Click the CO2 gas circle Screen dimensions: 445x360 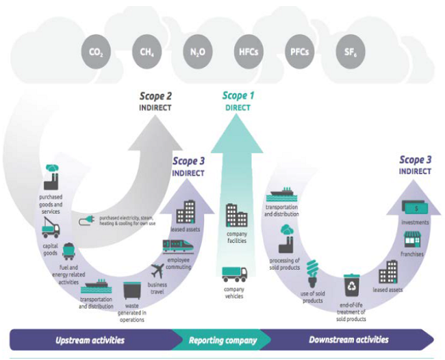coord(96,52)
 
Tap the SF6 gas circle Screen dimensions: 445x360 coord(351,52)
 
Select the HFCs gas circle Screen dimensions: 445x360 coord(249,52)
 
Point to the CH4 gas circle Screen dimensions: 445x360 coord(147,52)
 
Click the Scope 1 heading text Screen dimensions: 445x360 coord(238,96)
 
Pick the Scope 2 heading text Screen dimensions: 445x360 coord(155,97)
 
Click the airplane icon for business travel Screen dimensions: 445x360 coord(157,271)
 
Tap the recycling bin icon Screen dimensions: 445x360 coord(352,285)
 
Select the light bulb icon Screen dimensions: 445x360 coord(312,274)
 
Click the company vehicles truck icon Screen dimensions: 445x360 coord(234,274)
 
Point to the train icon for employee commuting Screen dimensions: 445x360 coord(178,246)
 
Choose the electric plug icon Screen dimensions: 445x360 coord(86,220)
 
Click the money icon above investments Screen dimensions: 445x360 coord(415,208)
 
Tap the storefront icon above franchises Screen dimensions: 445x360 coord(412,240)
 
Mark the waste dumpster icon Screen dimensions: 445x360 coord(132,291)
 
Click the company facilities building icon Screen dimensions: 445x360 coord(236,216)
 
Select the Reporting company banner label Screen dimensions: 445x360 coord(222,340)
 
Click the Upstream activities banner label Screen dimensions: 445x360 coord(90,340)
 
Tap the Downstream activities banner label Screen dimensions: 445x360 coord(348,339)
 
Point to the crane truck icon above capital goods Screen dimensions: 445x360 coord(51,228)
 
